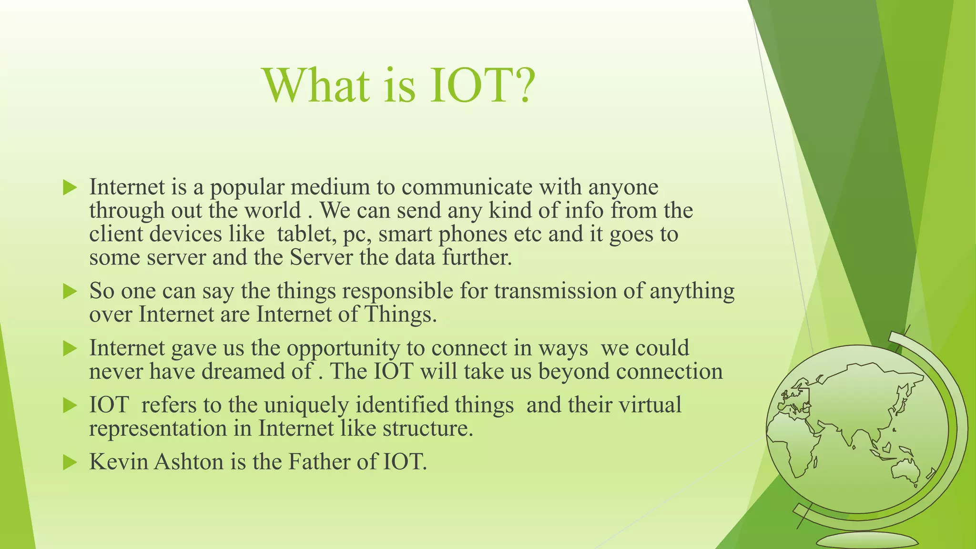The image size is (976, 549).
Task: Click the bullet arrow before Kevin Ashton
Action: pyautogui.click(x=70, y=462)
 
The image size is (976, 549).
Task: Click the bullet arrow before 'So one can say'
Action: pyautogui.click(x=70, y=291)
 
